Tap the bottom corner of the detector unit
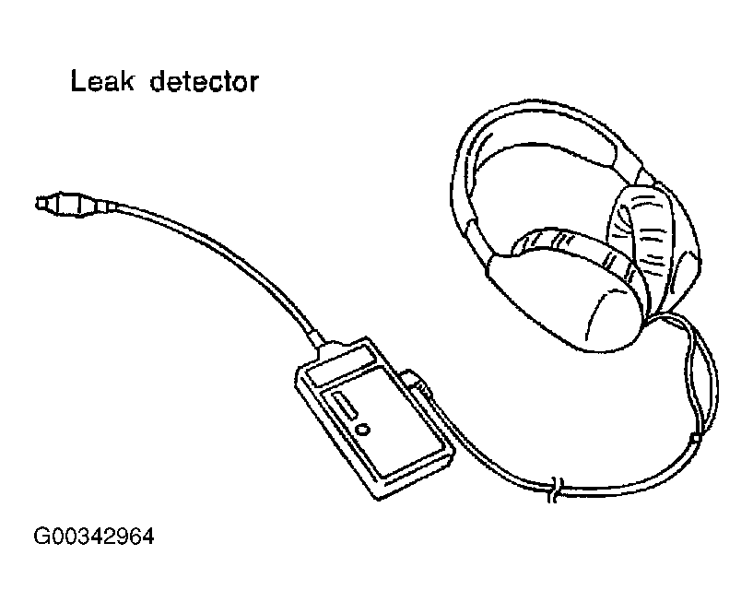click(381, 498)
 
